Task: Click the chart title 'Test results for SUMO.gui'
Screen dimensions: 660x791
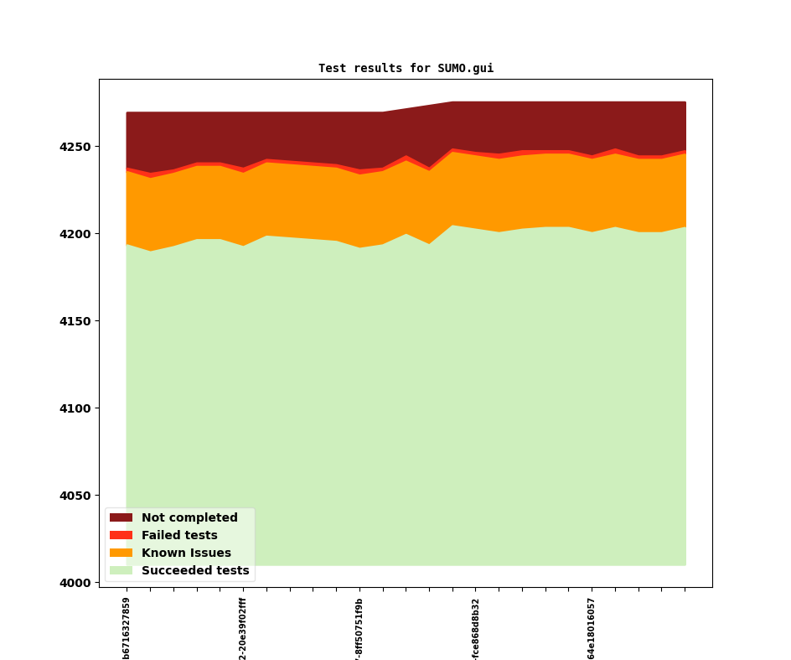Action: (x=406, y=69)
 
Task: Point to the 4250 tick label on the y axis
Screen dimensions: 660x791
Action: (x=76, y=147)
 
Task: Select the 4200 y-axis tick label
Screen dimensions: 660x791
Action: (x=76, y=234)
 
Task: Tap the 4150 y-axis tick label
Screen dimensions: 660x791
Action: (x=76, y=321)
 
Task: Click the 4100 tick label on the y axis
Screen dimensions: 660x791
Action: (x=76, y=408)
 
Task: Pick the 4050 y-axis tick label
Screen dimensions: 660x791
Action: (x=76, y=496)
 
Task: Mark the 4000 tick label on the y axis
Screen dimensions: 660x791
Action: (x=76, y=583)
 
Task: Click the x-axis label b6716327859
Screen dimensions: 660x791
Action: (x=127, y=628)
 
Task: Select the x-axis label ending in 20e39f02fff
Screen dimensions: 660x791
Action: (x=243, y=628)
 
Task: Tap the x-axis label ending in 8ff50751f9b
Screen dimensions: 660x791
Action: (x=359, y=628)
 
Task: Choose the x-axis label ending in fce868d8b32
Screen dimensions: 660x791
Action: (x=476, y=628)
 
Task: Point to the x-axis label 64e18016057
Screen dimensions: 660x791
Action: (x=592, y=628)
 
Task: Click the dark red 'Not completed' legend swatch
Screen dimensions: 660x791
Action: (x=121, y=518)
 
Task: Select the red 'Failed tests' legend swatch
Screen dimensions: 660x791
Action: (x=121, y=536)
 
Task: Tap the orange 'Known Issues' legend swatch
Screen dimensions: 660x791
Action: (x=121, y=553)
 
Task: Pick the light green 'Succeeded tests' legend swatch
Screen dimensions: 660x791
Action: (x=121, y=571)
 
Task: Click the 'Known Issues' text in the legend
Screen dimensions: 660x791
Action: (x=186, y=553)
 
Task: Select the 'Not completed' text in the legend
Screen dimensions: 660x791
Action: (x=189, y=518)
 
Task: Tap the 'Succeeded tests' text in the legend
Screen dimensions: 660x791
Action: (x=195, y=571)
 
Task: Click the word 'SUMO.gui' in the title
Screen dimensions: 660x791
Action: (x=465, y=69)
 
